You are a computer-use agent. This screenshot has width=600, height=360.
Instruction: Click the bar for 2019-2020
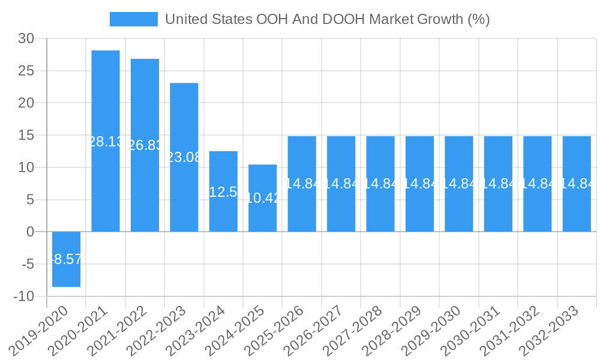[66, 259]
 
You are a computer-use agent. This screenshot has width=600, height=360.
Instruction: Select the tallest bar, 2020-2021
[106, 141]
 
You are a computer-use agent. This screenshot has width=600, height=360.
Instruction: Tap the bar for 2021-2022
[145, 145]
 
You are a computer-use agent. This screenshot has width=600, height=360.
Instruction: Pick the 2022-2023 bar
[184, 157]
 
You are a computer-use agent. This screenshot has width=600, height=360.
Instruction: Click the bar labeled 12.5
[223, 191]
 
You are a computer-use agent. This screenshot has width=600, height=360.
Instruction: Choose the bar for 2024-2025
[263, 198]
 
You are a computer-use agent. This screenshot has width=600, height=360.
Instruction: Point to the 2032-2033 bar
[577, 184]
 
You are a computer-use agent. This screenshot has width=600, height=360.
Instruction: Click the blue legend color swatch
[133, 19]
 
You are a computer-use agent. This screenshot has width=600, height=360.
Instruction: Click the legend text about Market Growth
[327, 19]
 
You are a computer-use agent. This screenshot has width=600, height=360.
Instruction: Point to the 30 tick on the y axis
[26, 39]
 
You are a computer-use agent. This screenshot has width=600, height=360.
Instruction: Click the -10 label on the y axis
[23, 296]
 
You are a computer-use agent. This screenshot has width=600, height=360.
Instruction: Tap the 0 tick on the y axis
[31, 232]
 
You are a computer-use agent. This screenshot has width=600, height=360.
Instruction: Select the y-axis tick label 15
[26, 136]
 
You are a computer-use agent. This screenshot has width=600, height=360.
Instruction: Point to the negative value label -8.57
[66, 260]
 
